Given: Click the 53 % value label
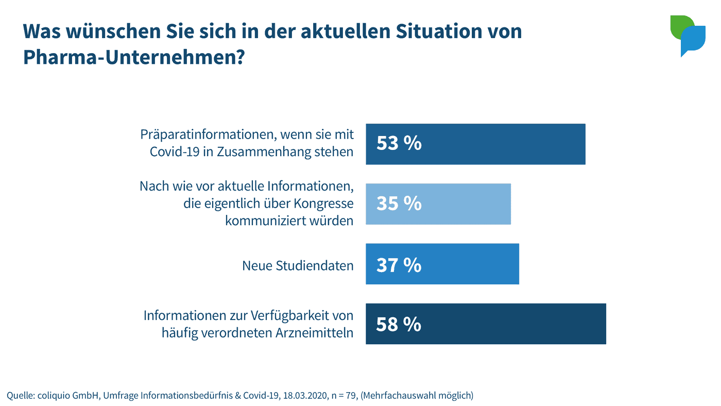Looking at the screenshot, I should pyautogui.click(x=399, y=144).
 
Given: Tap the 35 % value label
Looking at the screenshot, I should pyautogui.click(x=399, y=204).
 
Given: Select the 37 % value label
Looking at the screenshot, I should pyautogui.click(x=399, y=265).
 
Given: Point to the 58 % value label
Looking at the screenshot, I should pyautogui.click(x=399, y=325).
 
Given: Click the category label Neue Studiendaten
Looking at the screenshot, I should pyautogui.click(x=298, y=266).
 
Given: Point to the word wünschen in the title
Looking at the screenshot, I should pyautogui.click(x=99, y=31).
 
